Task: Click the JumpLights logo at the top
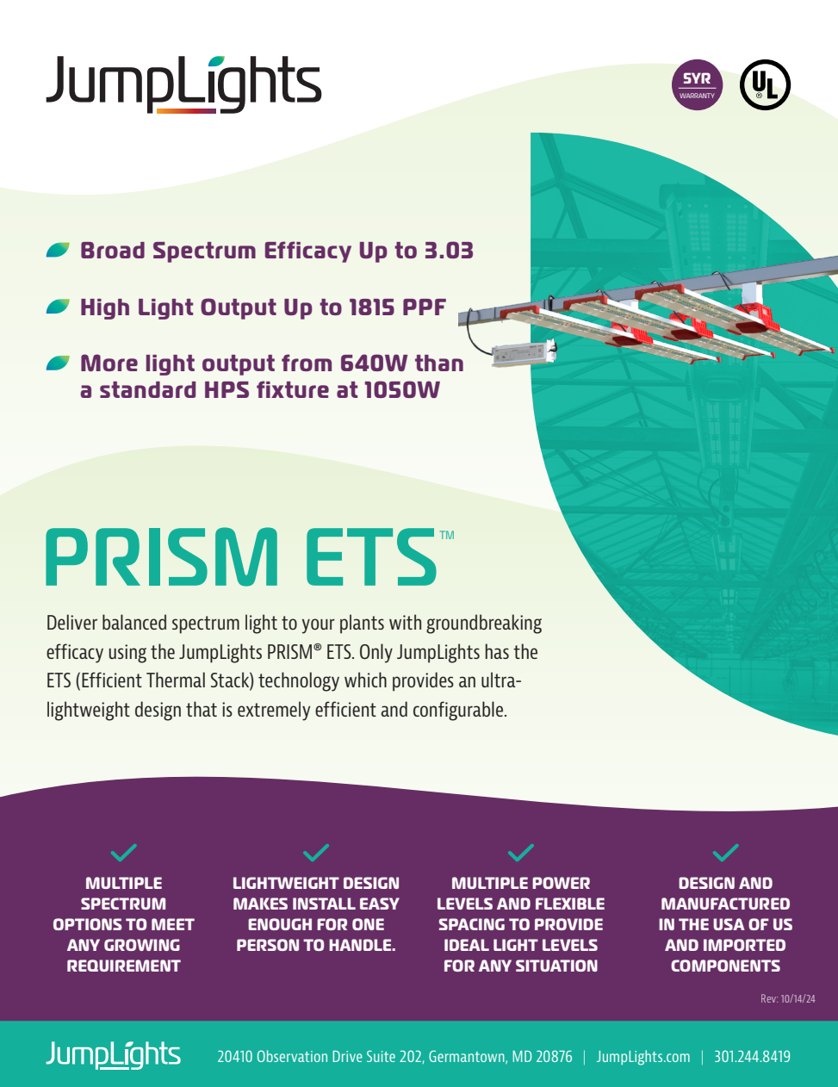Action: tap(183, 84)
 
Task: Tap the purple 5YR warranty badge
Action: tap(697, 85)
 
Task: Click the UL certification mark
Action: tap(765, 85)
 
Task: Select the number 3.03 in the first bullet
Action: tap(449, 251)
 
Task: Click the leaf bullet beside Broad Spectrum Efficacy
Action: tap(58, 251)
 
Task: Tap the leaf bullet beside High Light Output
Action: tap(58, 307)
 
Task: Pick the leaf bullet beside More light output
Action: tap(58, 363)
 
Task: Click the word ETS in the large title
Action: tap(370, 558)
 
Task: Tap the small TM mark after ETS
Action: tap(446, 535)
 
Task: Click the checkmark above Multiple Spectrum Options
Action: tap(124, 853)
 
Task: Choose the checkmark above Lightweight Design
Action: tap(316, 853)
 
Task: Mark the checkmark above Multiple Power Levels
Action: tap(520, 853)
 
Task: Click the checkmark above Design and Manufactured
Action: tap(725, 853)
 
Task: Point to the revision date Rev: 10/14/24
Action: tap(787, 999)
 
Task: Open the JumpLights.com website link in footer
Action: tap(643, 1057)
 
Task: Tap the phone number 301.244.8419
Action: tap(752, 1057)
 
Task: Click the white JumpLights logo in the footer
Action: tap(113, 1055)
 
